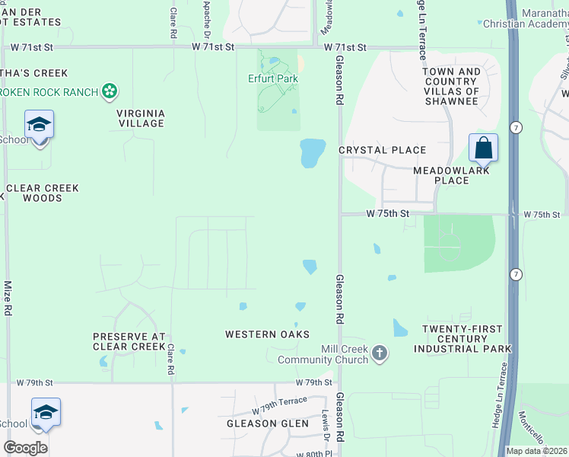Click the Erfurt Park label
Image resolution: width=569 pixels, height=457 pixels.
point(272,78)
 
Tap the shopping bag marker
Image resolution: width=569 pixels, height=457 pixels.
point(483,148)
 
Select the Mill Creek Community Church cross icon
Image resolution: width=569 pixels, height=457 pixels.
point(380,353)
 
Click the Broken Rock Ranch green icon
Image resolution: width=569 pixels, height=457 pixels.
point(110,92)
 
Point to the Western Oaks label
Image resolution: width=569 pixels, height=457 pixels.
point(267,334)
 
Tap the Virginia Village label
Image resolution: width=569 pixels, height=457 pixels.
point(140,118)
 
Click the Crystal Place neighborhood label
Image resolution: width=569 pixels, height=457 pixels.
point(382,150)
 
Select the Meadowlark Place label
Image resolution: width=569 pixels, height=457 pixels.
point(451,175)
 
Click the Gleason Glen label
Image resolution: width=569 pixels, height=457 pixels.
point(268,423)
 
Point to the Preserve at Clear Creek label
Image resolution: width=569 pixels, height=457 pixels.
point(129,341)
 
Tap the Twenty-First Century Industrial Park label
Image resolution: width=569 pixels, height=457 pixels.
point(463,339)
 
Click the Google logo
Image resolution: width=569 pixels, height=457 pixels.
point(25,448)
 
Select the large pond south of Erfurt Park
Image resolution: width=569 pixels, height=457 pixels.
point(313,153)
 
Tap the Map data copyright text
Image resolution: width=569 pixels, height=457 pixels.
point(537,451)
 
